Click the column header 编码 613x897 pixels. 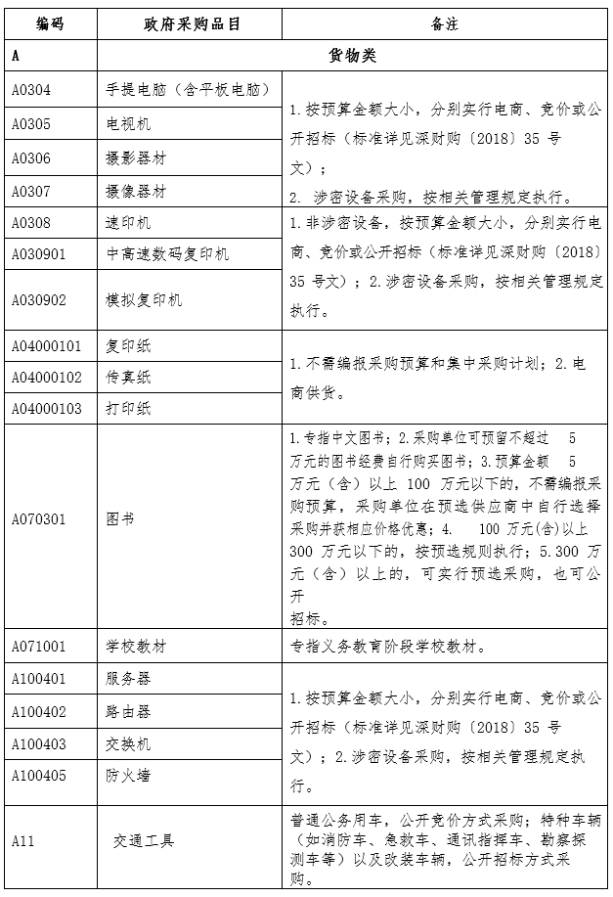click(50, 22)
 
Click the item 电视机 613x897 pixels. click(129, 124)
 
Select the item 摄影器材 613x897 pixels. click(136, 157)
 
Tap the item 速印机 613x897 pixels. click(129, 223)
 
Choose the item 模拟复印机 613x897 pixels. click(144, 299)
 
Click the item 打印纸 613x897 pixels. click(129, 408)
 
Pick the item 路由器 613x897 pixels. click(129, 712)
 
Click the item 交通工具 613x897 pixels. click(143, 840)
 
